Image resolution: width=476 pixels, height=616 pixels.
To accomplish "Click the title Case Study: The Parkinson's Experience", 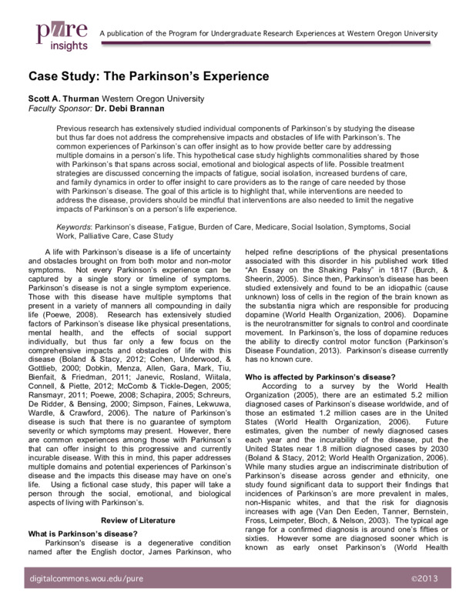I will click(149, 78).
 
